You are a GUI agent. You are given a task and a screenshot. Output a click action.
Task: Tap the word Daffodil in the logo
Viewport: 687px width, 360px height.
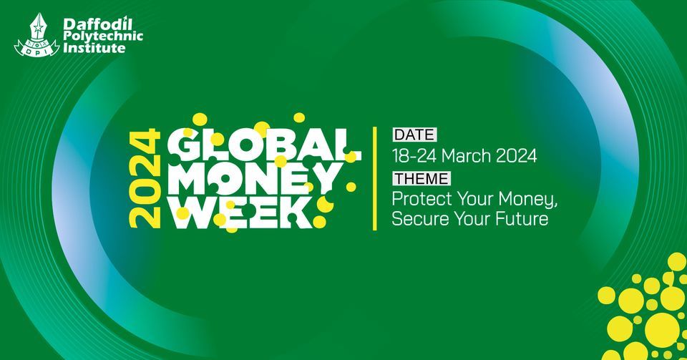click(89, 24)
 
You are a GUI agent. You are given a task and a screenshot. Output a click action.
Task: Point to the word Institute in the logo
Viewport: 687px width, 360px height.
click(93, 49)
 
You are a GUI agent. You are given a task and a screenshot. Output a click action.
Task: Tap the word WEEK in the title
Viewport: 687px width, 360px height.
click(243, 213)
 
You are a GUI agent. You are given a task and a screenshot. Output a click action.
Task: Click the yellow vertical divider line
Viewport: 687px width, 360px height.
click(376, 179)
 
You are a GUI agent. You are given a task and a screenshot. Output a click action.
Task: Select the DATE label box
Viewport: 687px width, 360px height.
click(414, 134)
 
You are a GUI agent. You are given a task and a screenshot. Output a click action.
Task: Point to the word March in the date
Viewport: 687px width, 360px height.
click(467, 155)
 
